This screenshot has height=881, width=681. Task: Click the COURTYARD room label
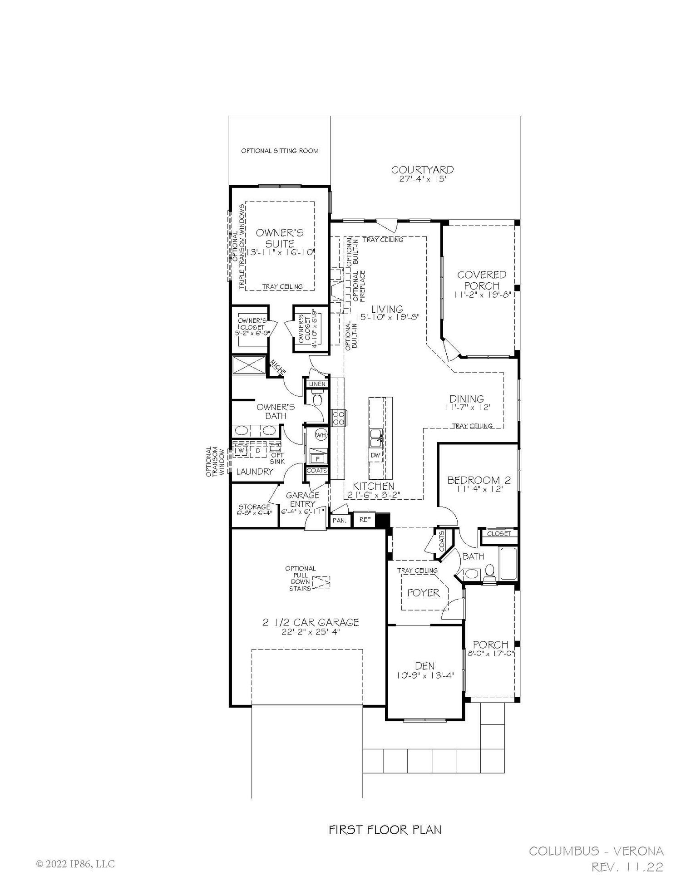(422, 170)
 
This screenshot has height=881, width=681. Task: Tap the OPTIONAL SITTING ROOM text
(280, 151)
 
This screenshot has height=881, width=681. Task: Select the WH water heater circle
(321, 435)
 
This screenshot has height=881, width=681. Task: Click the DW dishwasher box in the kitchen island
(375, 455)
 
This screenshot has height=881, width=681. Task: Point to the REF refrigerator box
(365, 520)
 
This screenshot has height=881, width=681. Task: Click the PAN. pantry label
(340, 521)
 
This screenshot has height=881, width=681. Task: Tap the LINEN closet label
(317, 384)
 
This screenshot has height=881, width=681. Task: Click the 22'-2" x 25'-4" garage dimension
(311, 632)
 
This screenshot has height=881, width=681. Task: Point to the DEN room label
(424, 666)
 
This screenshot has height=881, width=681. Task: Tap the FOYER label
(423, 593)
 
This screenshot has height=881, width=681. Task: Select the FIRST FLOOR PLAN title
(385, 830)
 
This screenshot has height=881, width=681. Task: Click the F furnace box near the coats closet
(317, 459)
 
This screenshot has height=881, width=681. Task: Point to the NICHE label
(278, 367)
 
